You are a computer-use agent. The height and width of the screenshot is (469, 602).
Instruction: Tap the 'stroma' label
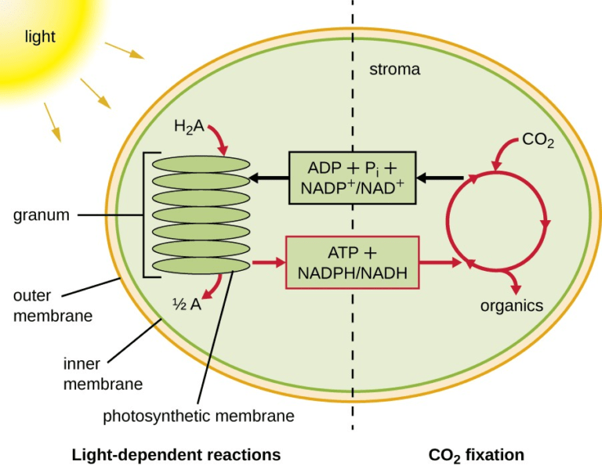click(394, 69)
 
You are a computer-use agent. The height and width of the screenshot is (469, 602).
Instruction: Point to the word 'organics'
click(511, 305)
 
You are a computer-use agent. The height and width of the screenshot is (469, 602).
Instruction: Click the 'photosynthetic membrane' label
click(198, 416)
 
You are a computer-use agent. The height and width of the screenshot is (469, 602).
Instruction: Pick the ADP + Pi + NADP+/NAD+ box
click(352, 178)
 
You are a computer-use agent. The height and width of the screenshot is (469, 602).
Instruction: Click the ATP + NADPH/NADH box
click(352, 263)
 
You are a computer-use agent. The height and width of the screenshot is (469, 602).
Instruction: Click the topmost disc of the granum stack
click(201, 164)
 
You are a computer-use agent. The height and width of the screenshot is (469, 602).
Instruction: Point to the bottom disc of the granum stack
click(201, 265)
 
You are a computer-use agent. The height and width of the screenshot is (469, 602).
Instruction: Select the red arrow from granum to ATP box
click(268, 263)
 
